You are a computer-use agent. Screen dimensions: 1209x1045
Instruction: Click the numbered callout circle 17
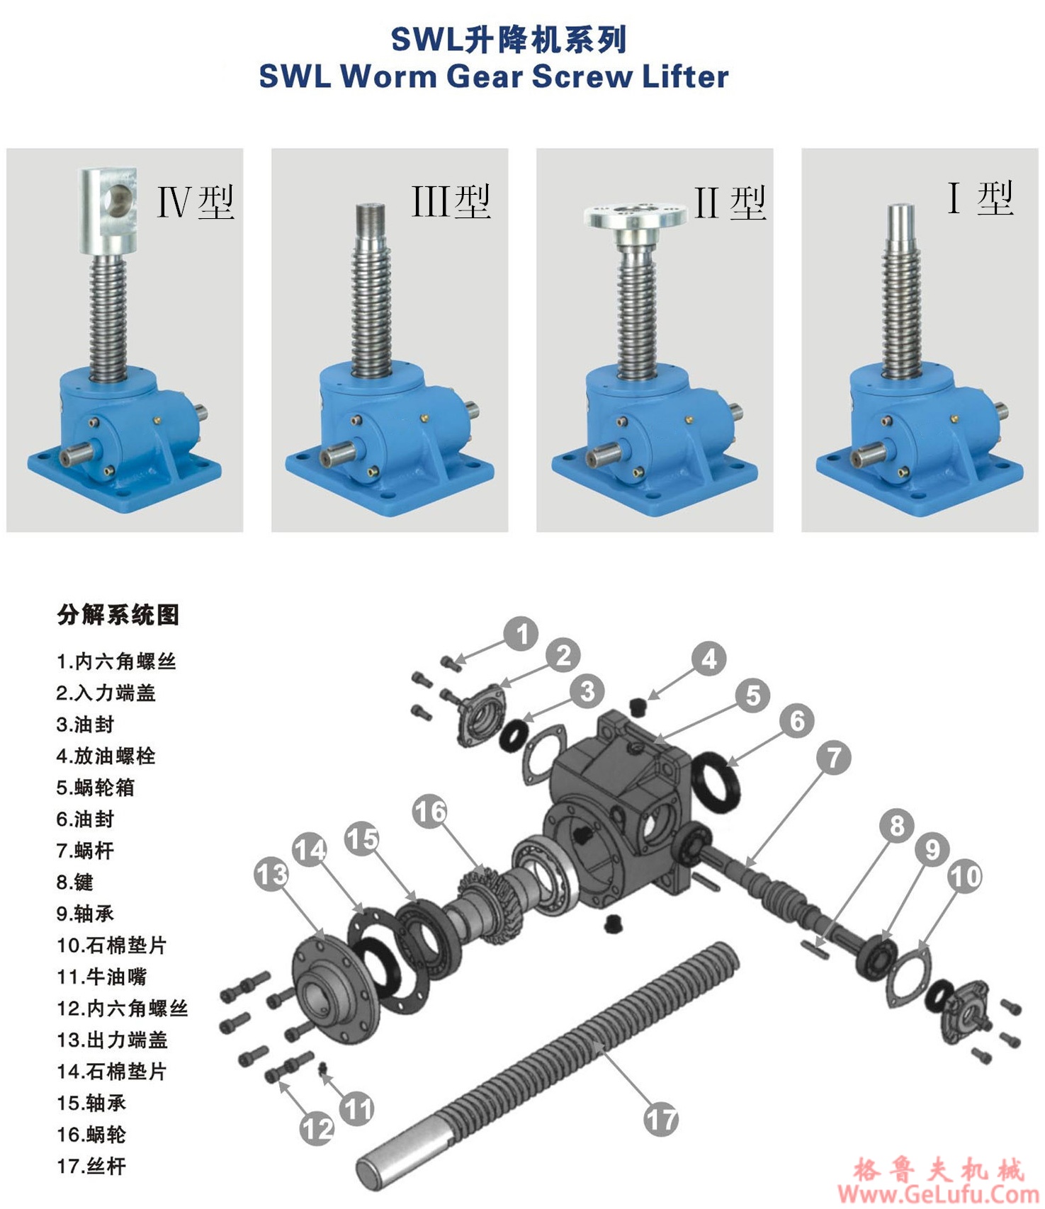tap(661, 1120)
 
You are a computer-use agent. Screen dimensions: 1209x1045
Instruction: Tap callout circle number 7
tap(834, 757)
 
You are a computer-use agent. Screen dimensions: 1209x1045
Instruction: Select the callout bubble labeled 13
tap(272, 874)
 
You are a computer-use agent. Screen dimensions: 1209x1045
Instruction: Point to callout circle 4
tap(709, 659)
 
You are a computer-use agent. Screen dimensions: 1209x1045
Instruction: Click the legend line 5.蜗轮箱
tap(95, 788)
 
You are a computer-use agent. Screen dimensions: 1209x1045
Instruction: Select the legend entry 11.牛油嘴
tap(101, 977)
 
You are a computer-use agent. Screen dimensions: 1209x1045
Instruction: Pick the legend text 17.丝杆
tap(91, 1166)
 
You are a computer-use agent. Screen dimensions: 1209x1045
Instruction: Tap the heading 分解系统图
tap(118, 615)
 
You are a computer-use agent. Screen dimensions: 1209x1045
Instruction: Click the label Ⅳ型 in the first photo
tap(195, 203)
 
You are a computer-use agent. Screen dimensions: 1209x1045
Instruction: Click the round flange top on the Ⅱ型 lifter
tap(636, 215)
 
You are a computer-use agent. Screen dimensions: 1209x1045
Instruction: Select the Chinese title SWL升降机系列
tap(509, 40)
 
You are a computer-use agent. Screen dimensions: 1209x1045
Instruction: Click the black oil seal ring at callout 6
tap(716, 785)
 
